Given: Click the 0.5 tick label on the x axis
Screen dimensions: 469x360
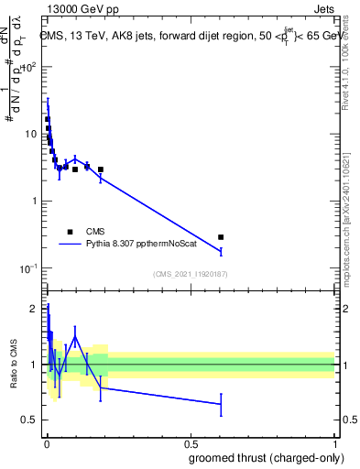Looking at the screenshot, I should [190, 442].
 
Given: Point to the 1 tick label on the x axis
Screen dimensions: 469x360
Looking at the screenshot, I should [334, 442].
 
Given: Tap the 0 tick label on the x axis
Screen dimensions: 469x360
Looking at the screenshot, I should [46, 442].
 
